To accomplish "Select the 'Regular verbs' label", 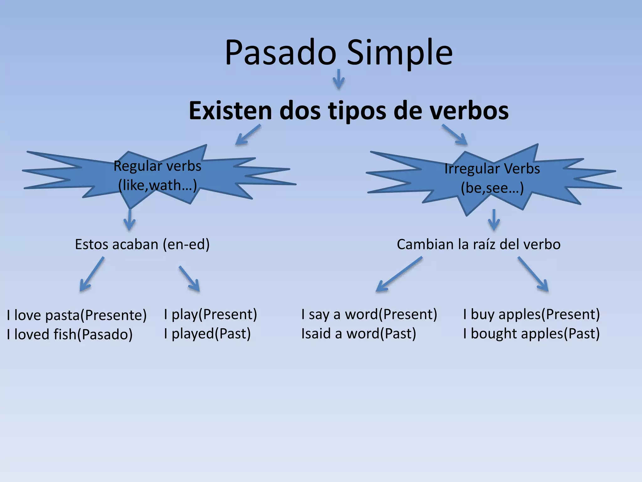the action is [x=157, y=166].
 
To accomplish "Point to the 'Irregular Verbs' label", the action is [x=492, y=169].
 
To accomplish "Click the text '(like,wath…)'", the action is [x=157, y=185].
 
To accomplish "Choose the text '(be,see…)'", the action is [x=492, y=188].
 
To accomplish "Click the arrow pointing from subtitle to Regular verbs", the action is [x=248, y=135].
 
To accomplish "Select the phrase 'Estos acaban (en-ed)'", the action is [x=142, y=244].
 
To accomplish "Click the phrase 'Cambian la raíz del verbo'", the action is [x=478, y=244].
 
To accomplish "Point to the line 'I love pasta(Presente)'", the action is [x=77, y=315].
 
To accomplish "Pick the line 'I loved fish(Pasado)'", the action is [x=70, y=335].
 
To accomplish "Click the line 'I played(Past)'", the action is [x=207, y=334].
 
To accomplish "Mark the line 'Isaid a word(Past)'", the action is [x=359, y=334].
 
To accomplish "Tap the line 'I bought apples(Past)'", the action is [x=531, y=334].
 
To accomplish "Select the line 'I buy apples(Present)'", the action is [x=531, y=314].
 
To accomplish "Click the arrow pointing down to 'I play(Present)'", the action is [x=189, y=279].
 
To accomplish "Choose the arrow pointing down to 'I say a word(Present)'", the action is [x=399, y=274].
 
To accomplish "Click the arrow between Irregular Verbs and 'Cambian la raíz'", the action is [x=494, y=220].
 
